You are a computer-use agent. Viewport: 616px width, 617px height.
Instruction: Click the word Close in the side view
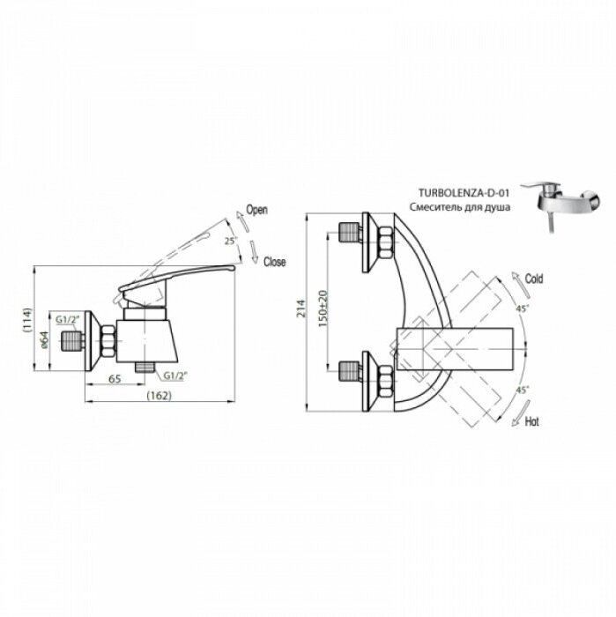[274, 262]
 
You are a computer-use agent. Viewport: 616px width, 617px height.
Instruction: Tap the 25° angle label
[230, 240]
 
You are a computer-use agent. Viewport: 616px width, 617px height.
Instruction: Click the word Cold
[534, 279]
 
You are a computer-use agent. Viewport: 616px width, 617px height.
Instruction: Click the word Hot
[532, 422]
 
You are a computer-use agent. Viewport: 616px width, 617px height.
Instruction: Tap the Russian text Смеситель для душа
[459, 206]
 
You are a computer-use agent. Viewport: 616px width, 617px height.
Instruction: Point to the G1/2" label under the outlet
[175, 375]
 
